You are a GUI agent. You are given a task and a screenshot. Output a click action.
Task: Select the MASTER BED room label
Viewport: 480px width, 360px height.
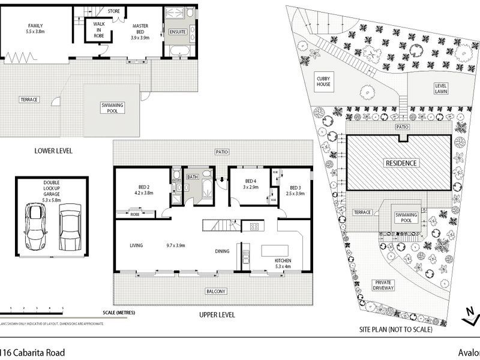(142, 31)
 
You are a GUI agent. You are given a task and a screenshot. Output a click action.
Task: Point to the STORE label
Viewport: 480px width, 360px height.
(114, 11)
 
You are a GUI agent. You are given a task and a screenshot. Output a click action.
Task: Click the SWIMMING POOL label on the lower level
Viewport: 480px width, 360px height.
(112, 108)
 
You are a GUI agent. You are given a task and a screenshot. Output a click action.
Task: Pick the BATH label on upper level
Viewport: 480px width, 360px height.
(193, 177)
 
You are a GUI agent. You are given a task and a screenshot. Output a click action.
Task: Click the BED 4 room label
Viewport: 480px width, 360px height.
(251, 184)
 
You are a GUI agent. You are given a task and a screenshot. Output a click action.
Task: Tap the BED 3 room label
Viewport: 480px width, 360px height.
(292, 190)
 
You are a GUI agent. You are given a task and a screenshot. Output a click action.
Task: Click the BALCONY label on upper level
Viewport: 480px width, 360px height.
(216, 292)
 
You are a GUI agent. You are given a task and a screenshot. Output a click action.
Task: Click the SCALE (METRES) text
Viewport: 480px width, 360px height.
(119, 313)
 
